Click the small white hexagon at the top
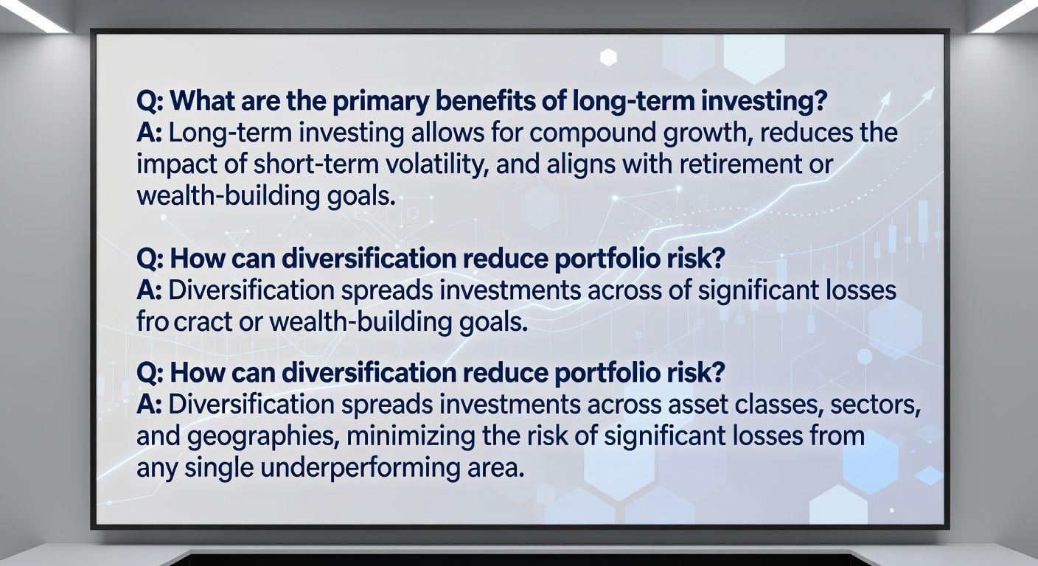[608, 57]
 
